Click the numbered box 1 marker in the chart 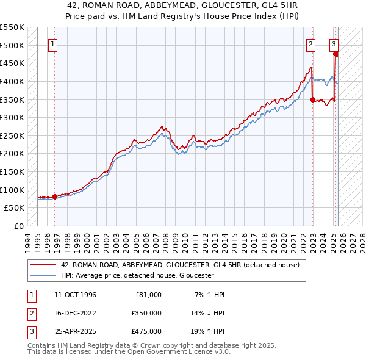(x=53, y=44)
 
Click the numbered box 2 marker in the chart (x=311, y=44)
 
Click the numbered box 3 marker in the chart (x=334, y=44)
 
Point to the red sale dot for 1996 (x=55, y=196)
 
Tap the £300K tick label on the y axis (x=13, y=117)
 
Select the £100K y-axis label (x=13, y=190)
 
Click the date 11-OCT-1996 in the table (x=75, y=295)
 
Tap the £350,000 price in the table (x=146, y=313)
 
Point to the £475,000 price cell (x=146, y=331)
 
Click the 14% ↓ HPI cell (x=208, y=313)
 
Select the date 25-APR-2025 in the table (x=76, y=331)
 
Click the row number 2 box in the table (x=30, y=313)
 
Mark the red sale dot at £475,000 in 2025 (x=336, y=54)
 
